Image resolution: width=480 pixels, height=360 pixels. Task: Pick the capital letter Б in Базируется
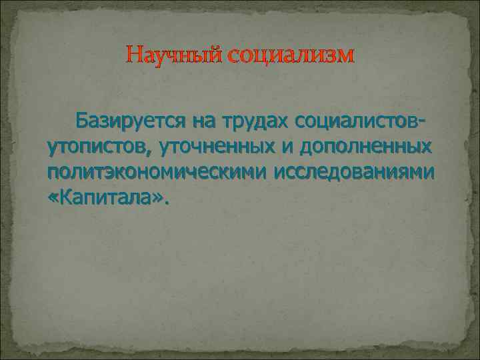pos(82,121)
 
